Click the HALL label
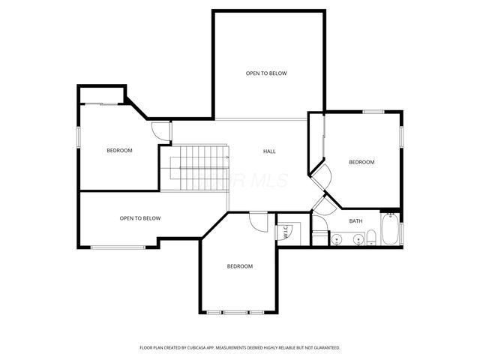pyautogui.click(x=269, y=151)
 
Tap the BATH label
pyautogui.click(x=355, y=221)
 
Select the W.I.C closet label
pyautogui.click(x=286, y=232)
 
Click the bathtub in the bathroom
pyautogui.click(x=390, y=229)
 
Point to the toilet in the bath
pyautogui.click(x=370, y=239)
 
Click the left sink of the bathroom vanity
pyautogui.click(x=337, y=239)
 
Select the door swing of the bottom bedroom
pyautogui.click(x=258, y=222)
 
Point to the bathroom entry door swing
pyautogui.click(x=321, y=207)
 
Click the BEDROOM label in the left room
pyautogui.click(x=119, y=151)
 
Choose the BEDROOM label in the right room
pyautogui.click(x=361, y=162)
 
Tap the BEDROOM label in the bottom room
pyautogui.click(x=240, y=266)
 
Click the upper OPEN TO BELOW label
pyautogui.click(x=266, y=73)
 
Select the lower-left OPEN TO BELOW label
pyautogui.click(x=140, y=218)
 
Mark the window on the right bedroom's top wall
pyautogui.click(x=373, y=112)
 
